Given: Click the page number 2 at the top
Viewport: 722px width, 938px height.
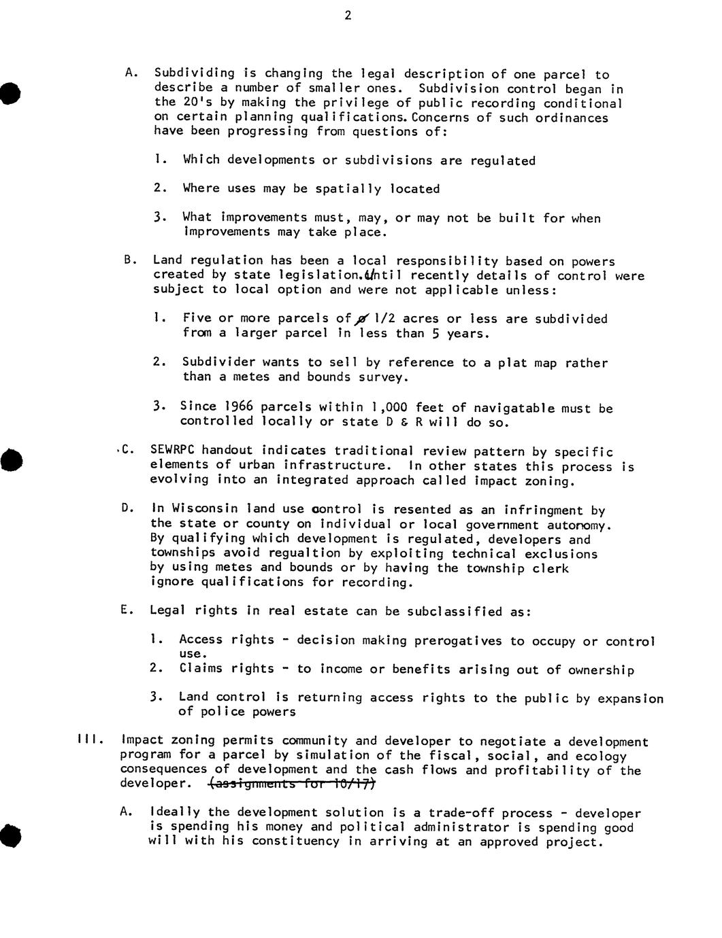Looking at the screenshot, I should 348,16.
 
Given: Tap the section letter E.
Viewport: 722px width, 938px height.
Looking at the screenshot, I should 125,610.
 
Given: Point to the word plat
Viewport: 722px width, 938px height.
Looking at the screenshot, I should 513,363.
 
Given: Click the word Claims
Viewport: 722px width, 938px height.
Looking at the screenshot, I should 201,669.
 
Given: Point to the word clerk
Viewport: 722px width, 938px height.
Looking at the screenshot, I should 551,568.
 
